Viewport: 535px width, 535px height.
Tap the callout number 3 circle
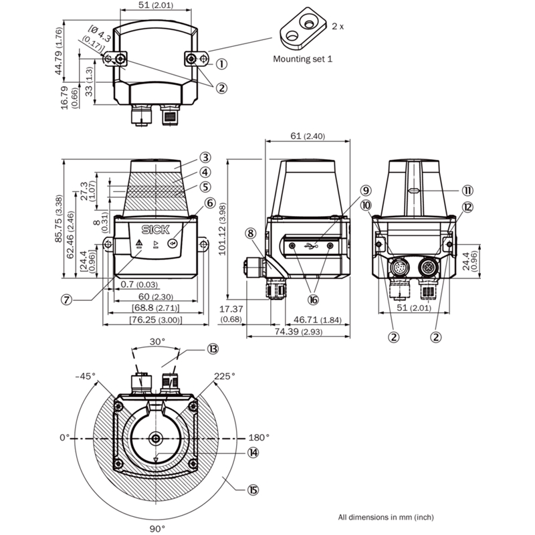(x=205, y=158)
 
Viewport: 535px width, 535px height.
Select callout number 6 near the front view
(x=210, y=203)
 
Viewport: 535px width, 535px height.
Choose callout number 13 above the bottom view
(x=213, y=348)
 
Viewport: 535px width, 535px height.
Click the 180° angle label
(x=259, y=437)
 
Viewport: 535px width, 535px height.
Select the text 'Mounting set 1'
(x=302, y=59)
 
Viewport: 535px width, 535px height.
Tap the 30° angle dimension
(x=156, y=340)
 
